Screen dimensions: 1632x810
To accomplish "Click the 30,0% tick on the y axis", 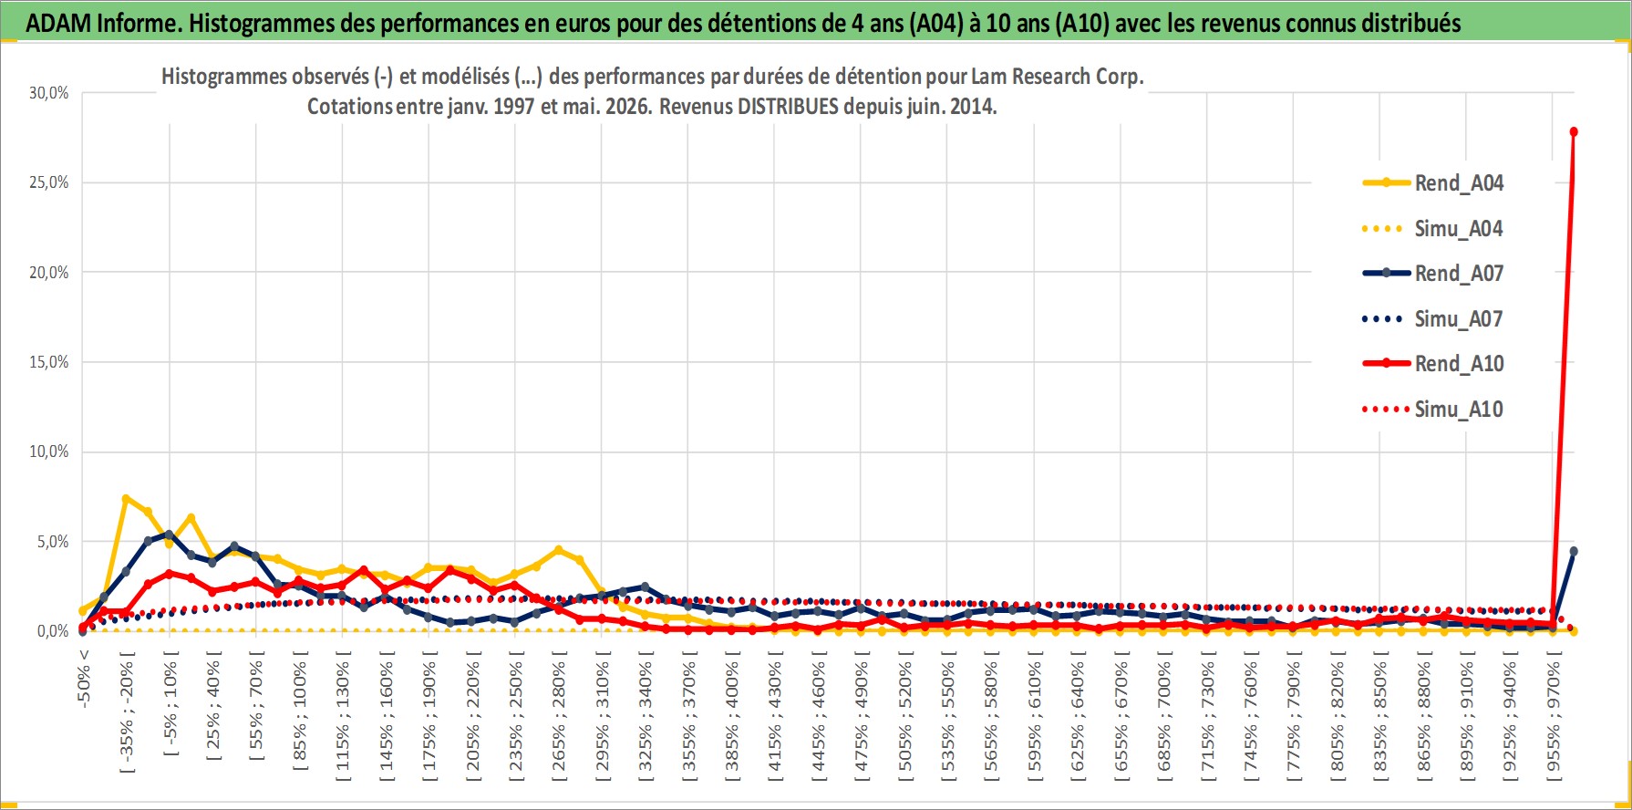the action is pos(49,93).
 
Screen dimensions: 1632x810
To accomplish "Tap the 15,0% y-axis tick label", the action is pos(49,362).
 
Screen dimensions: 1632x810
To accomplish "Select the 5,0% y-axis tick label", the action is pos(53,542).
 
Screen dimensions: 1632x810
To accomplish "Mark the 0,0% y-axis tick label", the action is pos(53,631).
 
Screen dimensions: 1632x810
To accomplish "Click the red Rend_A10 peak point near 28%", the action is pos(1574,132).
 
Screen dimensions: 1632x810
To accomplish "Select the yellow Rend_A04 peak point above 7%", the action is pos(126,499).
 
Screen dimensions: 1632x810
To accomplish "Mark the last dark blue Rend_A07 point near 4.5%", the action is pos(1574,551).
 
